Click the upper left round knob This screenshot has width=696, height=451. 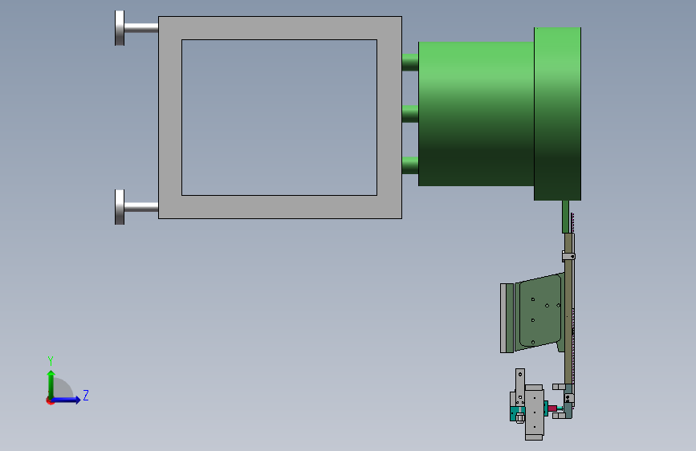120,28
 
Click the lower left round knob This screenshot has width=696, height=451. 120,207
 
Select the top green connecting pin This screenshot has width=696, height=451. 410,62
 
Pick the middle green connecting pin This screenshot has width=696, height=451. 410,114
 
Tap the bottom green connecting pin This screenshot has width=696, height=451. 410,165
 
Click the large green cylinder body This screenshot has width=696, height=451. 476,114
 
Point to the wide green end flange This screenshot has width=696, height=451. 557,114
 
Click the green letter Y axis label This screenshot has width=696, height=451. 51,360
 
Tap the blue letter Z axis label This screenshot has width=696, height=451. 86,395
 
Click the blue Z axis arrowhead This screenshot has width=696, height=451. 77,400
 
